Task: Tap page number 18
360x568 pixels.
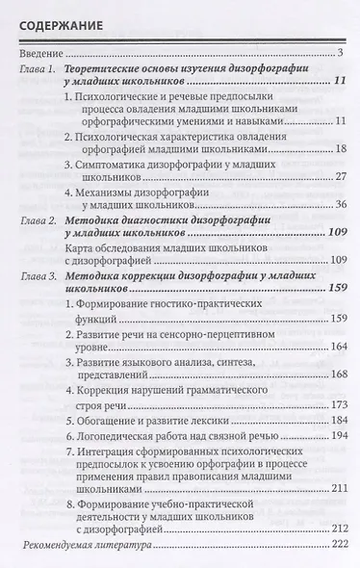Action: tap(339, 150)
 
